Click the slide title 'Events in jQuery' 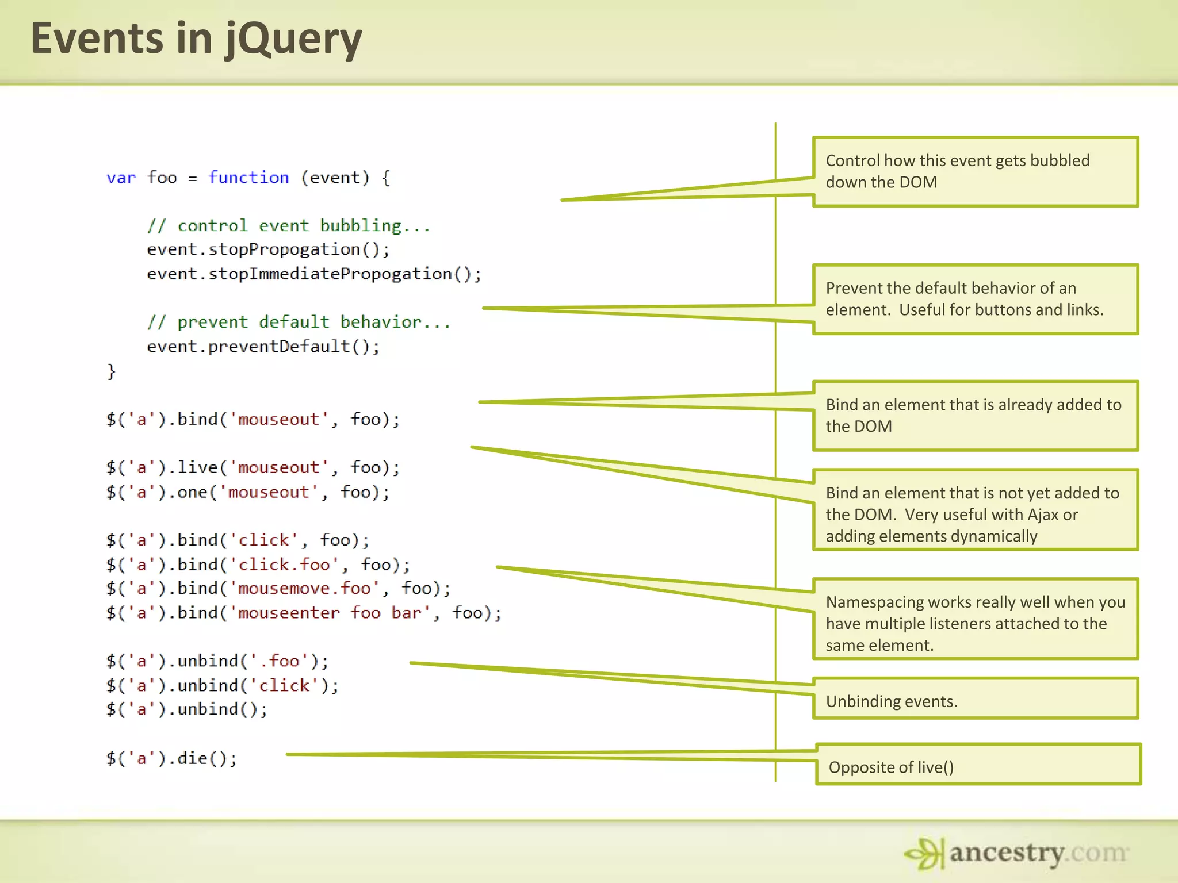point(196,39)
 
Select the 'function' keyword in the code point(248,178)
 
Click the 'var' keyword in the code point(121,178)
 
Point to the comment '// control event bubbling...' point(288,225)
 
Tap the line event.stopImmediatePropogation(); point(314,274)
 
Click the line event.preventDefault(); point(263,346)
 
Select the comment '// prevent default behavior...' point(299,322)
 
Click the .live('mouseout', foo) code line point(253,467)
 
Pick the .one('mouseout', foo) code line point(248,492)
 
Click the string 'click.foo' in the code point(284,565)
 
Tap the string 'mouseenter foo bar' point(330,613)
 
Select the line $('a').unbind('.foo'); point(217,661)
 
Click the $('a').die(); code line point(171,758)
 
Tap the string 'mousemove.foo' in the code point(304,589)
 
